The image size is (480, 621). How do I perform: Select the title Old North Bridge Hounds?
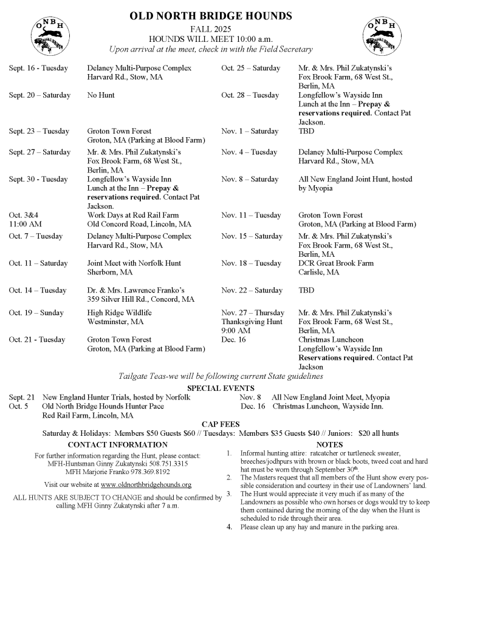tap(210, 16)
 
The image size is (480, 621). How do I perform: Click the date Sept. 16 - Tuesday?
tap(38, 68)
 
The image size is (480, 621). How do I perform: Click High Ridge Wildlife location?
tap(119, 313)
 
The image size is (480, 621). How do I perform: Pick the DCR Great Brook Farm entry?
tap(336, 263)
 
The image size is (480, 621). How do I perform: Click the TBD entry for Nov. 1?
tap(306, 131)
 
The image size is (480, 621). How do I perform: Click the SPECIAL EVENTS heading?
tap(221, 388)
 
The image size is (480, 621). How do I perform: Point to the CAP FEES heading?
tap(221, 424)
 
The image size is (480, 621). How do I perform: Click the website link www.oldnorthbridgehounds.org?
tap(146, 484)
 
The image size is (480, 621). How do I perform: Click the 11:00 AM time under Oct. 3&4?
tap(24, 224)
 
